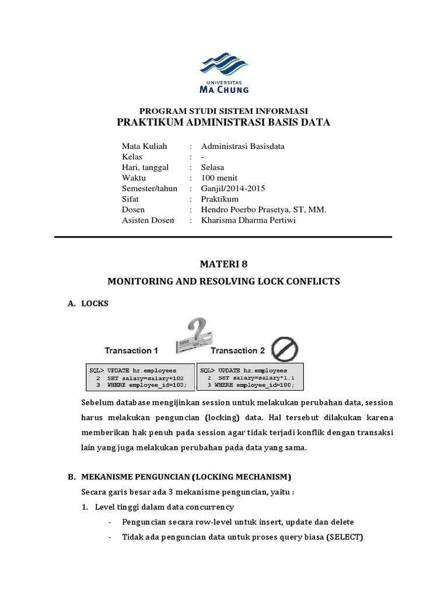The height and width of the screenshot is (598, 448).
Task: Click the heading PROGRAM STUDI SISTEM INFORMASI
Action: (223, 111)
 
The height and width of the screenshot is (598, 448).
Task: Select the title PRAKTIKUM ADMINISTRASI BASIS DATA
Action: (223, 122)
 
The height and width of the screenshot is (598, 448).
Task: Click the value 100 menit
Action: (219, 178)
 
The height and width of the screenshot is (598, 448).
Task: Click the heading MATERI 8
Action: (223, 263)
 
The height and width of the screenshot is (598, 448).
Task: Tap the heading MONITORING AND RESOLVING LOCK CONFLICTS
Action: (223, 281)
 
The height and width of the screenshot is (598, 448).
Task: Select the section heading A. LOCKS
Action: (87, 304)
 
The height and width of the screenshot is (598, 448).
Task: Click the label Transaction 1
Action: (131, 351)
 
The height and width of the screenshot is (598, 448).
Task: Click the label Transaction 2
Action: (237, 351)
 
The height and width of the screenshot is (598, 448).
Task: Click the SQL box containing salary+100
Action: (141, 378)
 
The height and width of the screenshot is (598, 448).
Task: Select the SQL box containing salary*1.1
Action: (251, 378)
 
